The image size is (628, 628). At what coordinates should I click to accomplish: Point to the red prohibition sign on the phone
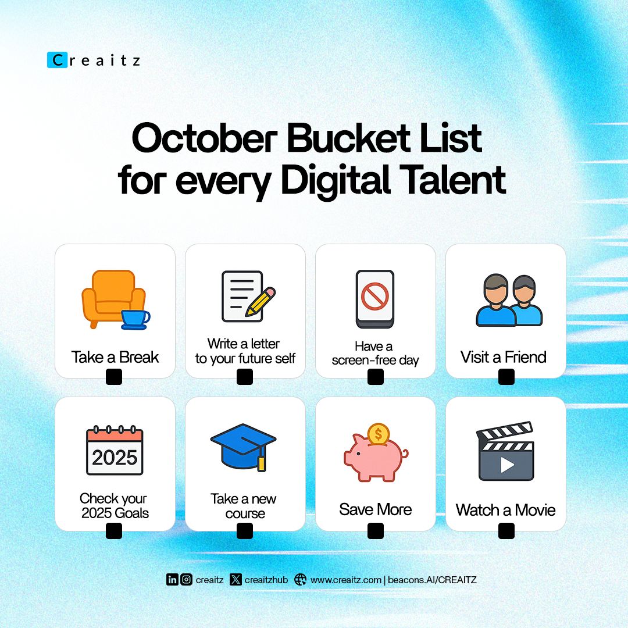[x=374, y=296]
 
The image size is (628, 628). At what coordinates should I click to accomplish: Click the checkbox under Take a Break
[x=114, y=377]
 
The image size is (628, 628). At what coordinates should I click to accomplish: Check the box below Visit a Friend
[x=506, y=377]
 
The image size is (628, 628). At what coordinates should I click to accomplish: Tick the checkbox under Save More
[x=376, y=530]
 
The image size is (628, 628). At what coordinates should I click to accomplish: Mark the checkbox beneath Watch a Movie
[x=506, y=530]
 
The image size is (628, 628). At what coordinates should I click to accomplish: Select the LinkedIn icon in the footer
[x=172, y=579]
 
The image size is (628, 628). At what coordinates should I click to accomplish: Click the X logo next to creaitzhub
[x=235, y=579]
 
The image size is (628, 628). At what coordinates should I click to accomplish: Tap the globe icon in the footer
[x=300, y=579]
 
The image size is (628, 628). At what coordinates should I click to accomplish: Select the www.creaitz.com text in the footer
[x=345, y=580]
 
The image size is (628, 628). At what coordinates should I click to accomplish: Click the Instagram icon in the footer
[x=186, y=579]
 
